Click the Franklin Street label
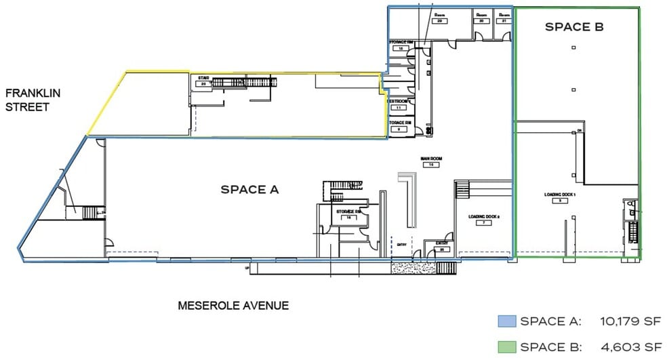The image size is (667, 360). (x=27, y=100)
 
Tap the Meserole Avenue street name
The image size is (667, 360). (x=233, y=305)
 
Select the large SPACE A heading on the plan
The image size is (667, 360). (x=250, y=189)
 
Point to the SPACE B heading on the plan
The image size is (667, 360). (x=574, y=28)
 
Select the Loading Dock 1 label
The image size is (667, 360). (x=559, y=197)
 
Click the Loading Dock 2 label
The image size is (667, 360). (x=484, y=219)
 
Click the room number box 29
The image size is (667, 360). (x=439, y=21)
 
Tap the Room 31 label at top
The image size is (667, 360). (x=504, y=18)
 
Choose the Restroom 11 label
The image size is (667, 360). (x=399, y=104)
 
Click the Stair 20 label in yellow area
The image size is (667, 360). (x=203, y=81)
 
